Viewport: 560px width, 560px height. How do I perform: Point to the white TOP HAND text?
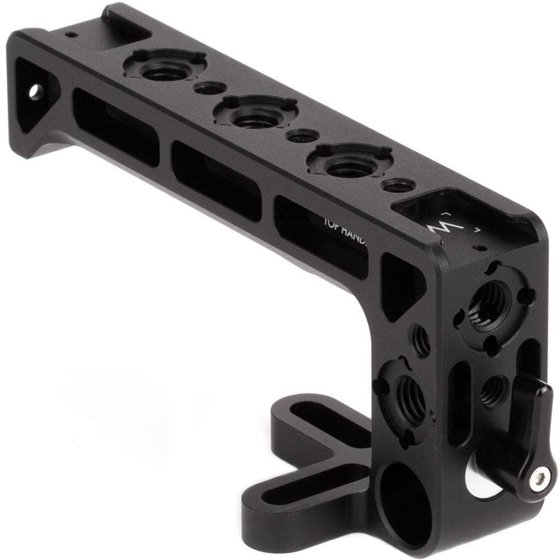pyautogui.click(x=344, y=230)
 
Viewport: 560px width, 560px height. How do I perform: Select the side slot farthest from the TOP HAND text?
pyautogui.click(x=115, y=126)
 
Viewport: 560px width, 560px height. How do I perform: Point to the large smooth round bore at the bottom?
pyautogui.click(x=400, y=503)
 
